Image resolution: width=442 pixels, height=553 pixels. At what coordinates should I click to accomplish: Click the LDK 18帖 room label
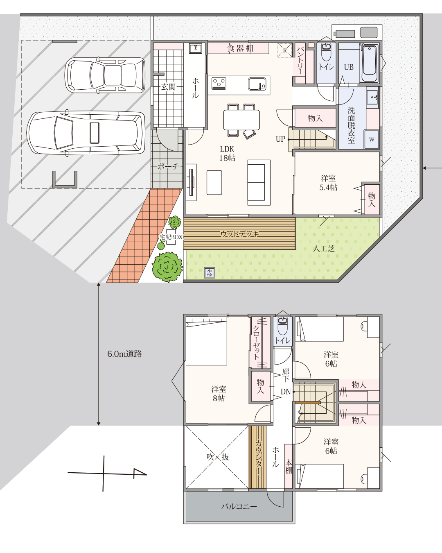coord(227,154)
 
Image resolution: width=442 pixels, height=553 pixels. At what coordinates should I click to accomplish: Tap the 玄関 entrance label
coord(168,87)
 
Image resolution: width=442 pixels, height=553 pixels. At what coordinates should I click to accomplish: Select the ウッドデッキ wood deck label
coord(239,234)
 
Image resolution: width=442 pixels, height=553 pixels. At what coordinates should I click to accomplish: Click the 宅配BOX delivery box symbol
coord(171,237)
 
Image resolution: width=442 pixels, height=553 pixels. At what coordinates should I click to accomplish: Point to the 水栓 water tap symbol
coord(210,273)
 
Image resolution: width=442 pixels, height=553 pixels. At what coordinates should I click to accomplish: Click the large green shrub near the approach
coord(167,267)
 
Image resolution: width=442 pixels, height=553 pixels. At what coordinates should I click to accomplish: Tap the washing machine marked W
coord(371,139)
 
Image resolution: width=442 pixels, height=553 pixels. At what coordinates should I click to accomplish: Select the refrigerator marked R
coord(285,50)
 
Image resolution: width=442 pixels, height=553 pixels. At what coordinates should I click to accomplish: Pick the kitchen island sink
coord(257,84)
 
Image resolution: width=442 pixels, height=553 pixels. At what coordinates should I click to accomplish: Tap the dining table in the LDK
coord(241,120)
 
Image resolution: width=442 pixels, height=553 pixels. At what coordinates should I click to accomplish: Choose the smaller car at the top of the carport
coord(105,75)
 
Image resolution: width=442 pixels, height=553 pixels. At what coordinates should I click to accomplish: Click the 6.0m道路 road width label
coord(124,354)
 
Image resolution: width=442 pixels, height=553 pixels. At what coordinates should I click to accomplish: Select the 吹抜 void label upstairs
coord(218,457)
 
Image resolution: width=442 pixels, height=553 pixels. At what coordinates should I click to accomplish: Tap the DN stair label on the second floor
coord(286,392)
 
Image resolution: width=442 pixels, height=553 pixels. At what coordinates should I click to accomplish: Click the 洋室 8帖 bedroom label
coord(219,393)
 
